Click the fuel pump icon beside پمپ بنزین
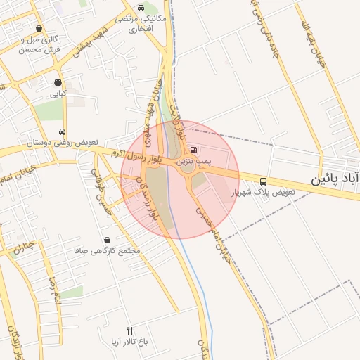tap(193, 149)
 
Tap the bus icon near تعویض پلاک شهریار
tap(263, 180)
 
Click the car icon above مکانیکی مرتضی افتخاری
tap(141, 8)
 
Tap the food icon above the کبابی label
tap(57, 82)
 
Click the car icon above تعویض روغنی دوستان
tap(63, 131)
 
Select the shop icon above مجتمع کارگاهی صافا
tap(108, 239)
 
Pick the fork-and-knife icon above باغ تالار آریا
tap(129, 330)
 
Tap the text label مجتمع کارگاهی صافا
tap(108, 250)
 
